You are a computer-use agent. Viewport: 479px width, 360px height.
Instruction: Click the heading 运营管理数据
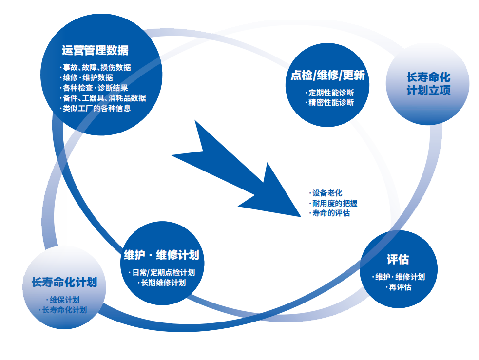[95, 50]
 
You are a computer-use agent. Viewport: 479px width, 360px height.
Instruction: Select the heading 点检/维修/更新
[327, 75]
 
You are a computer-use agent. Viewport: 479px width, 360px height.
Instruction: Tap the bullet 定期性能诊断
[331, 92]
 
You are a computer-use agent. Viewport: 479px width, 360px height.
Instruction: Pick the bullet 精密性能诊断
[331, 102]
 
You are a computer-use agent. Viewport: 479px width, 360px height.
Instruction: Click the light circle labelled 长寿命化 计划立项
[428, 83]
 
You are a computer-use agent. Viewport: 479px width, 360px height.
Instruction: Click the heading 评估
[398, 259]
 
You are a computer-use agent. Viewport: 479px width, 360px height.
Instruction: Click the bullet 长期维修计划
[163, 283]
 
